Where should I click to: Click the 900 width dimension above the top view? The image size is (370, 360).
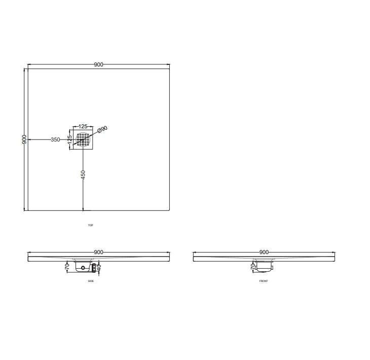98,64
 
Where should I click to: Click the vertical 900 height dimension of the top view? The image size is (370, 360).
24,139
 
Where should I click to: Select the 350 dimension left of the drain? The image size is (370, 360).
55,139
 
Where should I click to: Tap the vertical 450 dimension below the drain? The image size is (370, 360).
83,174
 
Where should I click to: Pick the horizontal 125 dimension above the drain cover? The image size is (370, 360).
83,126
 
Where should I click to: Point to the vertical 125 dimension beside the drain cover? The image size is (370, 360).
70,140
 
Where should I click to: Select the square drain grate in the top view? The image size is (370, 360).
83,139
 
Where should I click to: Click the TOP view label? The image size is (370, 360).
91,225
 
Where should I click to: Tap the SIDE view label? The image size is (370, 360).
91,281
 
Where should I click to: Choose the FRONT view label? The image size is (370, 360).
264,281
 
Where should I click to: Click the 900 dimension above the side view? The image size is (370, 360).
98,252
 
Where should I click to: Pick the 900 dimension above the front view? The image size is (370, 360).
264,252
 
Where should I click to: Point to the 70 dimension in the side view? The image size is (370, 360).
66,265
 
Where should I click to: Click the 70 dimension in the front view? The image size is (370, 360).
252,265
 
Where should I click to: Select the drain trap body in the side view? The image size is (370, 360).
82,266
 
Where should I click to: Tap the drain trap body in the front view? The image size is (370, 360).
264,266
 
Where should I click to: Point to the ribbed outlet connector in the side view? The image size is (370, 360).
93,266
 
